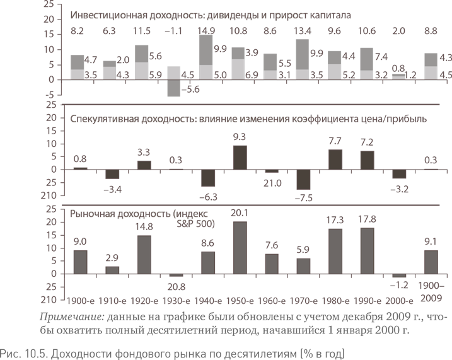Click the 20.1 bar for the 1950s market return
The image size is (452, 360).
[x=240, y=248]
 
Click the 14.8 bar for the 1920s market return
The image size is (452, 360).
[x=142, y=255]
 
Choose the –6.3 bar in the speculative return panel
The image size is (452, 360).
[x=208, y=178]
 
